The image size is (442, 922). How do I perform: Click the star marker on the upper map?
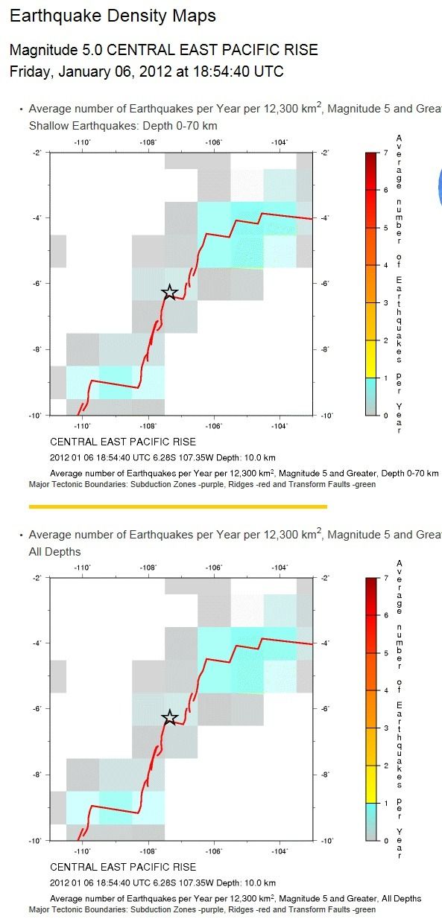(170, 292)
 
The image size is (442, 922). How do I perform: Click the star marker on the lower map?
(170, 717)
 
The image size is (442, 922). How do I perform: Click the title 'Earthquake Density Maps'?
(113, 16)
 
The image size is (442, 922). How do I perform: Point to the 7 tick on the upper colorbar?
(386, 153)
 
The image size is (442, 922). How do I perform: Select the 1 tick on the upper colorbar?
(386, 378)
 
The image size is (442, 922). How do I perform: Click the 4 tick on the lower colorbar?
(386, 690)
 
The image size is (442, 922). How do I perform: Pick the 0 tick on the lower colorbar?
(386, 841)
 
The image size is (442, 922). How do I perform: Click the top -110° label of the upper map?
(82, 142)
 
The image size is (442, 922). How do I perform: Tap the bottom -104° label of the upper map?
(280, 426)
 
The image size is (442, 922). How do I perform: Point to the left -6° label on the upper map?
(37, 283)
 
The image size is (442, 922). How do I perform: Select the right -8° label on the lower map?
(325, 775)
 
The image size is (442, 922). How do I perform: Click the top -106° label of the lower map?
(214, 567)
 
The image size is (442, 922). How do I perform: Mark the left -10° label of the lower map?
(36, 841)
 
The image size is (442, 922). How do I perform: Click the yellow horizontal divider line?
(178, 506)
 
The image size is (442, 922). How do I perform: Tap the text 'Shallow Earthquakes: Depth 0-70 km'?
(123, 126)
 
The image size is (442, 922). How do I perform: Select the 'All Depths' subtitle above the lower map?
(55, 552)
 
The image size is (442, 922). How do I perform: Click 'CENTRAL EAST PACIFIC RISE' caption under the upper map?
(123, 442)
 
